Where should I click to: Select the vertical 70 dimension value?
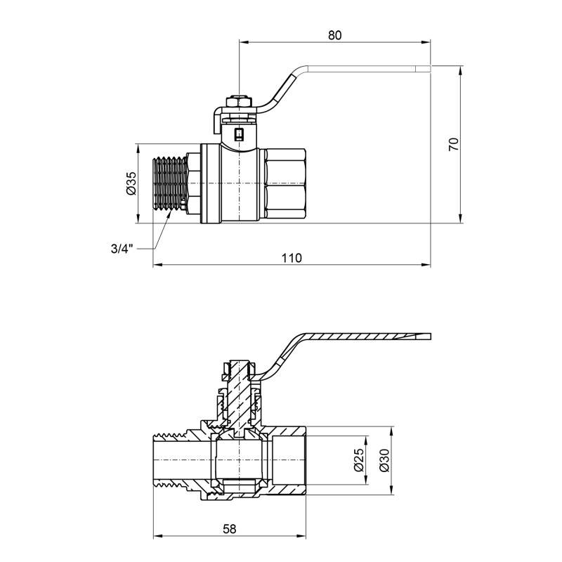[x=453, y=145]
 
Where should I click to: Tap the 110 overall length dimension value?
[x=292, y=258]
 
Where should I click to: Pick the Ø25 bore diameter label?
[x=358, y=461]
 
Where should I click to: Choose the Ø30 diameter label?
[x=384, y=461]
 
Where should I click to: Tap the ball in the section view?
[x=240, y=460]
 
